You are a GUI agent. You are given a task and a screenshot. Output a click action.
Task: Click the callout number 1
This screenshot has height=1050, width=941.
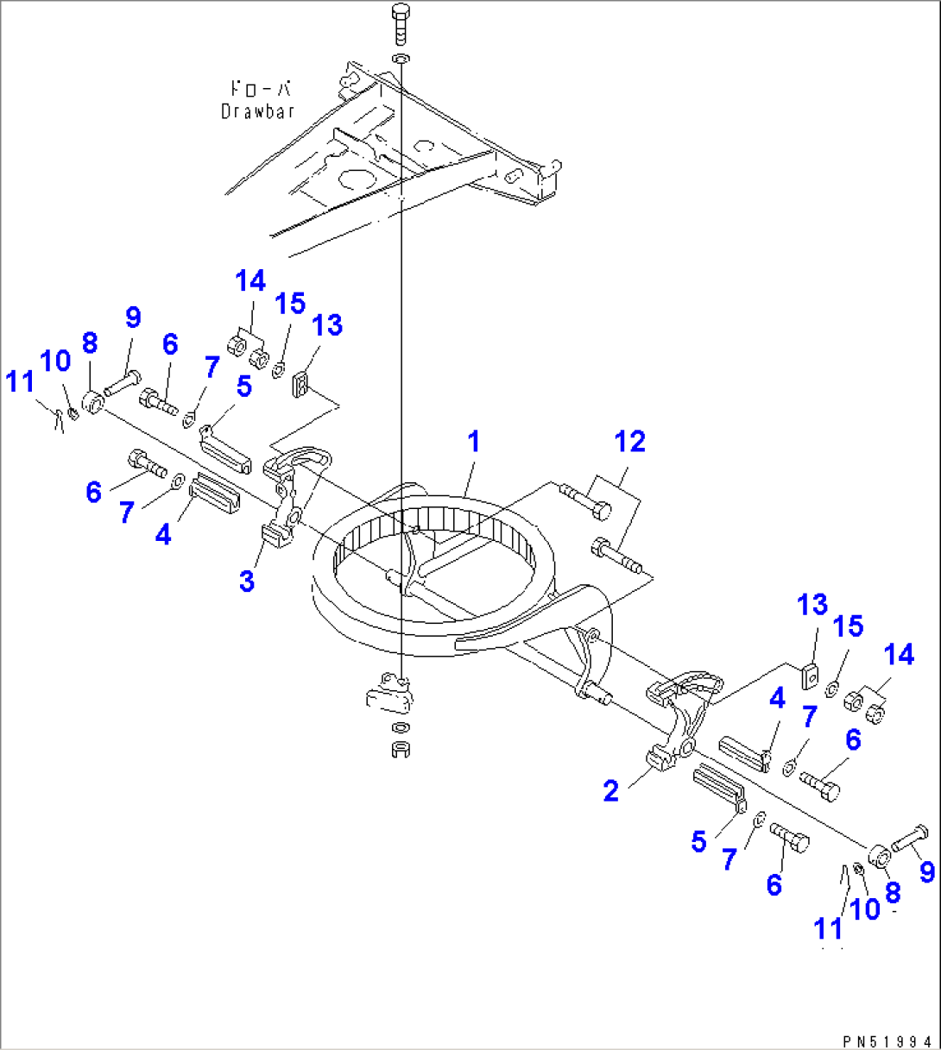pyautogui.click(x=473, y=443)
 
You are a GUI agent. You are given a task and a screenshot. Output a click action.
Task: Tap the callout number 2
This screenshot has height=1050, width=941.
pyautogui.click(x=611, y=790)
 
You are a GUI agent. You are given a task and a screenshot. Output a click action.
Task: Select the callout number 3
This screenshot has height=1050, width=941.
pyautogui.click(x=247, y=581)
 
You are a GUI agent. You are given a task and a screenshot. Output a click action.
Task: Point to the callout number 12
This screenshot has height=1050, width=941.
pyautogui.click(x=630, y=442)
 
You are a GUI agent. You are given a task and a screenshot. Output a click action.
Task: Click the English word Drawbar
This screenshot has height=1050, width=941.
pyautogui.click(x=258, y=111)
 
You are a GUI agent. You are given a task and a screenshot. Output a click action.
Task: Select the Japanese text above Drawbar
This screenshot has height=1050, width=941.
pyautogui.click(x=260, y=88)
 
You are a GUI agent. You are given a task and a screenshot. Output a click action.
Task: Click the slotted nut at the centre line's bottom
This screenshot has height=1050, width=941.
pyautogui.click(x=400, y=749)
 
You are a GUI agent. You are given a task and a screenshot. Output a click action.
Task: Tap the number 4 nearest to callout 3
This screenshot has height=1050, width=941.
pyautogui.click(x=163, y=535)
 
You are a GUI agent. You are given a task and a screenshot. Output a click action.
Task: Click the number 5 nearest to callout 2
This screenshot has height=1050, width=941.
pyautogui.click(x=698, y=841)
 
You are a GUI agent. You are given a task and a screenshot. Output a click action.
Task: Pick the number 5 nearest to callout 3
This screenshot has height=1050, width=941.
pyautogui.click(x=244, y=387)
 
